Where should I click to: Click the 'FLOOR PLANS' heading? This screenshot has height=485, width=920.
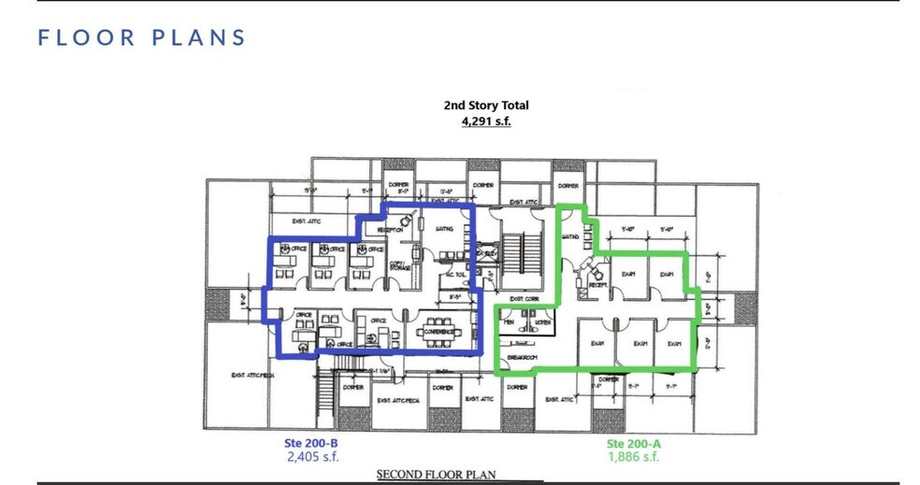click(142, 37)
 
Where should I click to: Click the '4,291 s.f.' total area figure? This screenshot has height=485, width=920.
click(485, 121)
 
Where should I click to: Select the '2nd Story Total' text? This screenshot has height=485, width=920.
click(485, 106)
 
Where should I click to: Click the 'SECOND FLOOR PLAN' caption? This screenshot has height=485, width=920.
click(436, 475)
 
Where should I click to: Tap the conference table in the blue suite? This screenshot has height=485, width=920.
click(438, 332)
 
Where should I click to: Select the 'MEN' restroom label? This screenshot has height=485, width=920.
click(510, 322)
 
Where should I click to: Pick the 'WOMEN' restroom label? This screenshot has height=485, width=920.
click(542, 322)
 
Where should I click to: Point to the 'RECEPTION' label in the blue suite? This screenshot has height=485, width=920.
click(390, 230)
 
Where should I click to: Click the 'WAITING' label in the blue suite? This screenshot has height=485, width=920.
click(444, 229)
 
